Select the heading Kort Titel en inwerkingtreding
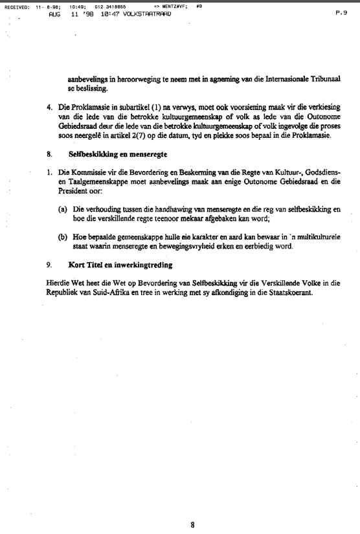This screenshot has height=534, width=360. click(x=120, y=264)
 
